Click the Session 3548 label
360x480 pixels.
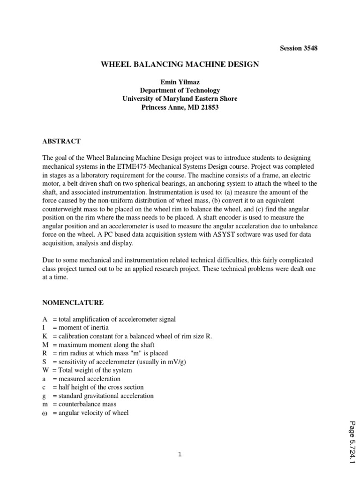coord(299,48)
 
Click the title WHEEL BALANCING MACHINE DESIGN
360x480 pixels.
coord(180,64)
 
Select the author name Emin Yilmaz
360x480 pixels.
coord(180,82)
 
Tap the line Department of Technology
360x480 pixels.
coord(180,90)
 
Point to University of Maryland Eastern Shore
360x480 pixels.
coord(180,99)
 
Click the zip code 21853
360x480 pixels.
coord(209,107)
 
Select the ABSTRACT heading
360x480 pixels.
coord(61,141)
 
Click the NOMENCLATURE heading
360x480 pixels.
coord(73,303)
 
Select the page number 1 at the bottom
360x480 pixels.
coord(180,454)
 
